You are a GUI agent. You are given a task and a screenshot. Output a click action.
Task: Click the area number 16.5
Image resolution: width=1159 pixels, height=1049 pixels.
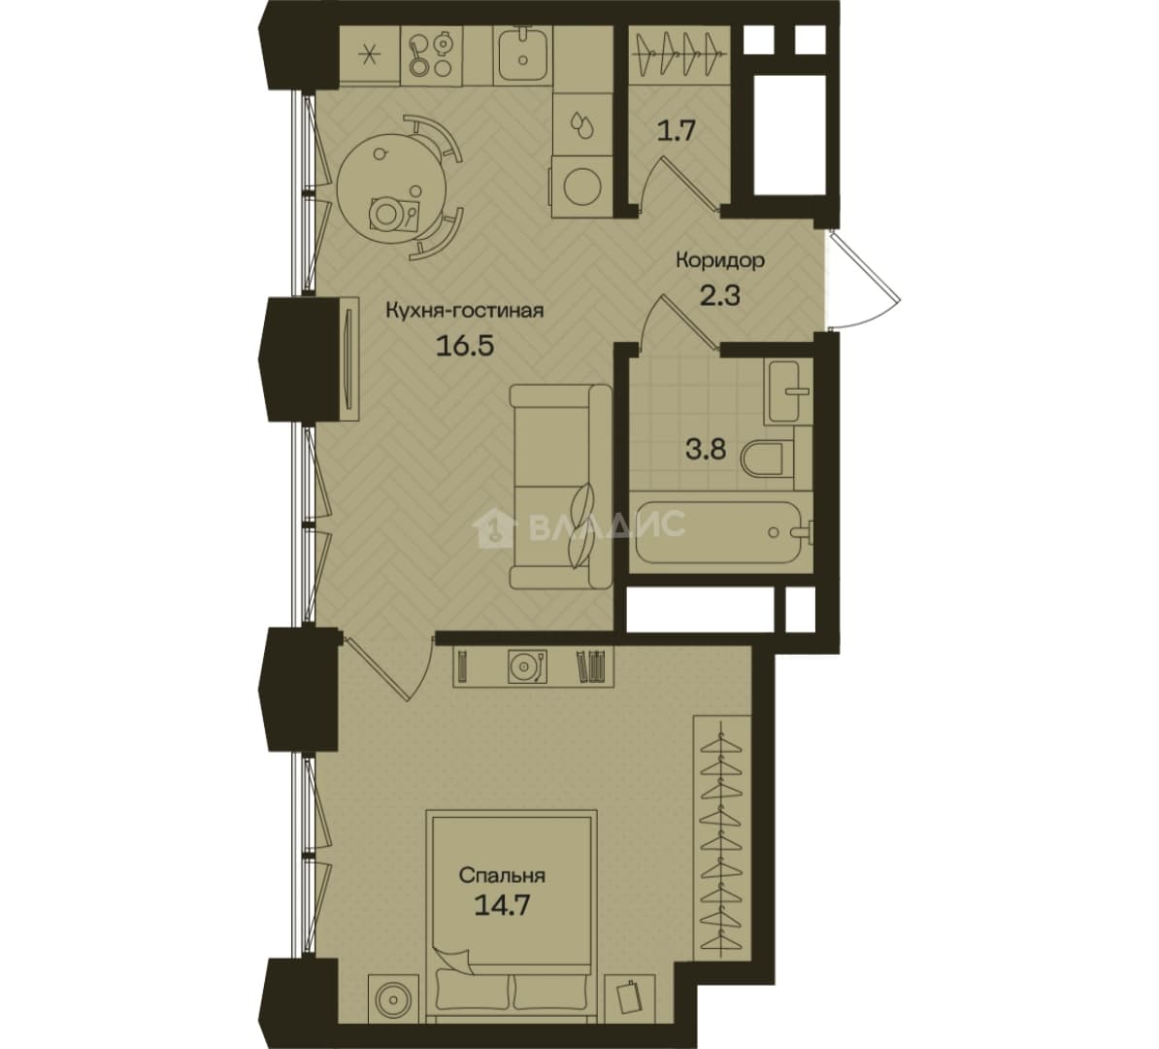464,346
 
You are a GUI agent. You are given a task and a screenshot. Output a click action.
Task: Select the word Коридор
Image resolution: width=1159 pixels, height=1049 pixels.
720,260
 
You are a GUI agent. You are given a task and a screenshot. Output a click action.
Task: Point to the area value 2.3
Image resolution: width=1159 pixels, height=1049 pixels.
719,296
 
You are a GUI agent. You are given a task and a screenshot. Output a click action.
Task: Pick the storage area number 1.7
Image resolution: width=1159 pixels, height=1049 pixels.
678,132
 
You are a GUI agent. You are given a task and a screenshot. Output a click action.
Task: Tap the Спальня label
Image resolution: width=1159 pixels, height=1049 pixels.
502,876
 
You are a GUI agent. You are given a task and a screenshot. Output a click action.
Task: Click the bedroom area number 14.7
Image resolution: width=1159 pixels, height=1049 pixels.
503,906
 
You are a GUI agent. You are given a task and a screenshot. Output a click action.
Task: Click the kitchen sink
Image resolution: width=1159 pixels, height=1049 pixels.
522,51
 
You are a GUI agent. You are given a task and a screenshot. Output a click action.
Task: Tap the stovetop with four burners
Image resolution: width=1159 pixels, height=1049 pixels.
429,53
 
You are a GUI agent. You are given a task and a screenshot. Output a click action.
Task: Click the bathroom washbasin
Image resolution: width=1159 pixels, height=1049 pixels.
788,391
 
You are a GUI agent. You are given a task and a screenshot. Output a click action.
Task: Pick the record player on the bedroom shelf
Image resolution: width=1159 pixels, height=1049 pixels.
527,666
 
